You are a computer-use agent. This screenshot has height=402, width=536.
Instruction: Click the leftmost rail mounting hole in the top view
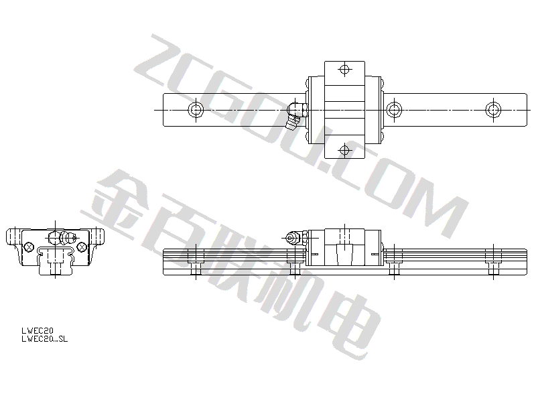point(196,110)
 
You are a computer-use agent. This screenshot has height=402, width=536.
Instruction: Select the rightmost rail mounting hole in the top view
point(493,110)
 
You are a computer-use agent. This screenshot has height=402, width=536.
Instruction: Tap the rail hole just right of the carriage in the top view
point(394,110)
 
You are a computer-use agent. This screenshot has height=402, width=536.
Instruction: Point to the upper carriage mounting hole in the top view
point(344,70)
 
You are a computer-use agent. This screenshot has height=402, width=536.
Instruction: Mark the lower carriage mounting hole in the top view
point(344,150)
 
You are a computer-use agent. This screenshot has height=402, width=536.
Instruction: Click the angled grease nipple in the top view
point(295,115)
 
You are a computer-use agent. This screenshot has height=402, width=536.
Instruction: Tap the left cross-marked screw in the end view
point(29,246)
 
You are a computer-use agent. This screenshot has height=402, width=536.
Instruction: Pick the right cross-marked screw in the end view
point(81,246)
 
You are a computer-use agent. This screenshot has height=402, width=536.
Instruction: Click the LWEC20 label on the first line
point(38,331)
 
